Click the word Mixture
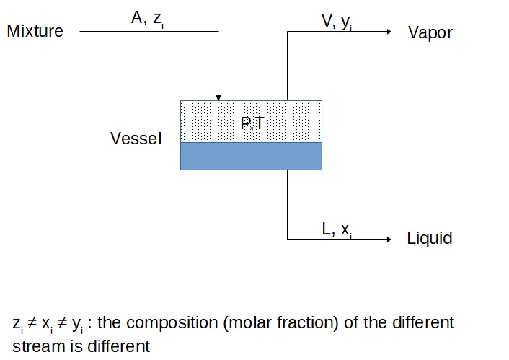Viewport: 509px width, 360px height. click(x=35, y=32)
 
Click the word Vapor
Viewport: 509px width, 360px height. click(x=430, y=32)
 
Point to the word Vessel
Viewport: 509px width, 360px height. click(x=136, y=139)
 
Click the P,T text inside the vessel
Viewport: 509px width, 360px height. click(x=252, y=123)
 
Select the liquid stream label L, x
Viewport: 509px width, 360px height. click(x=337, y=229)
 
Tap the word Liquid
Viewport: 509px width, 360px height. click(x=430, y=239)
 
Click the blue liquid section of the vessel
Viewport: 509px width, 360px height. click(x=251, y=156)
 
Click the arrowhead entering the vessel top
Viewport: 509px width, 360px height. click(x=218, y=96)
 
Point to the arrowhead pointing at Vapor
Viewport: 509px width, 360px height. click(x=387, y=32)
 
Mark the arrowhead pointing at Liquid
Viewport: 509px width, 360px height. click(x=387, y=239)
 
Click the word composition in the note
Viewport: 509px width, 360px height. click(x=172, y=323)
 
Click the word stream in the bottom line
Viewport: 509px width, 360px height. click(x=33, y=346)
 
